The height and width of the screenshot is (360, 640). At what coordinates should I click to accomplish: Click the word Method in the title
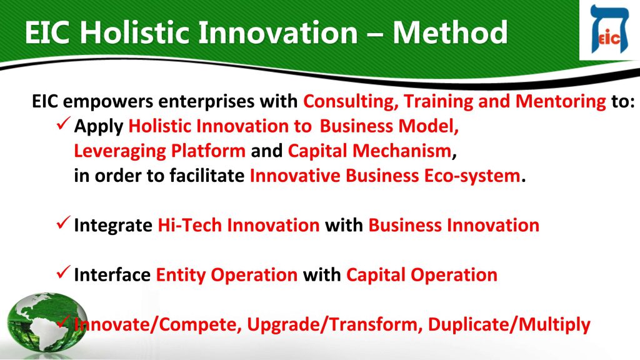pyautogui.click(x=450, y=32)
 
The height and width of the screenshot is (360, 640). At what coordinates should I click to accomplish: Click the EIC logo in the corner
pyautogui.click(x=609, y=29)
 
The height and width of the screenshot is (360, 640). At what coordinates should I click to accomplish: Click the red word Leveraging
pyautogui.click(x=119, y=151)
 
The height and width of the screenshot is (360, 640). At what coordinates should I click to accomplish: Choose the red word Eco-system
pyautogui.click(x=472, y=176)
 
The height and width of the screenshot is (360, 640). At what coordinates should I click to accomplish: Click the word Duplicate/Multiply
pyautogui.click(x=509, y=325)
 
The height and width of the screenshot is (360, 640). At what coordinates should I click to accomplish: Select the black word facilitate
pyautogui.click(x=207, y=176)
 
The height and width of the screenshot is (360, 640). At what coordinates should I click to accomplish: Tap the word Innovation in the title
pyautogui.click(x=278, y=32)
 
